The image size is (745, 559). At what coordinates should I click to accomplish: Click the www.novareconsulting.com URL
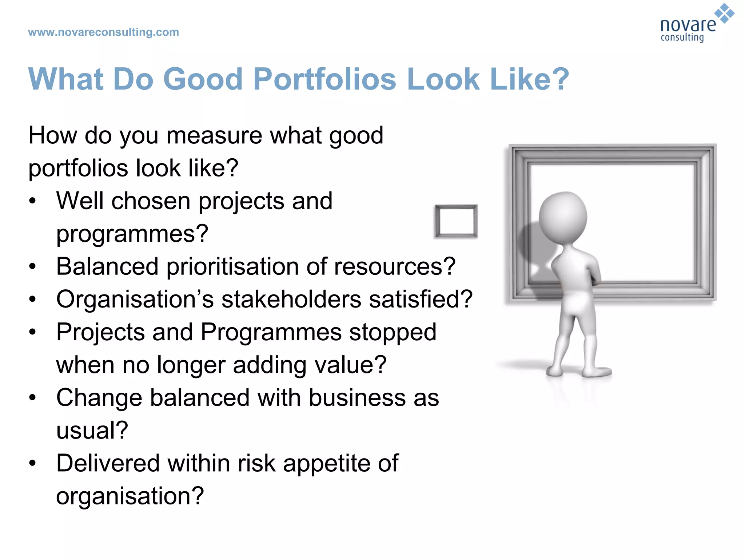point(103,32)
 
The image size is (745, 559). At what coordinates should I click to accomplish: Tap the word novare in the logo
point(688,25)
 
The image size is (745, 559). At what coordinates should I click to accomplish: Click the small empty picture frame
point(457,221)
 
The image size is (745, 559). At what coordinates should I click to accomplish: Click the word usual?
point(92,431)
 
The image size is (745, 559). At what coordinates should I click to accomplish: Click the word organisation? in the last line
point(130,496)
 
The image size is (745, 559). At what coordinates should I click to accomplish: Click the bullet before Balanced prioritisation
point(33,267)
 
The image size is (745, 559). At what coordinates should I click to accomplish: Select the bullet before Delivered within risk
point(33,463)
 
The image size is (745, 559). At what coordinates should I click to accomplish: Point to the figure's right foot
point(597,372)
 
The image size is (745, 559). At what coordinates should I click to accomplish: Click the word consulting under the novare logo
point(682,38)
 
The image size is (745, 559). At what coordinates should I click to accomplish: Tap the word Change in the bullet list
point(99,398)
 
